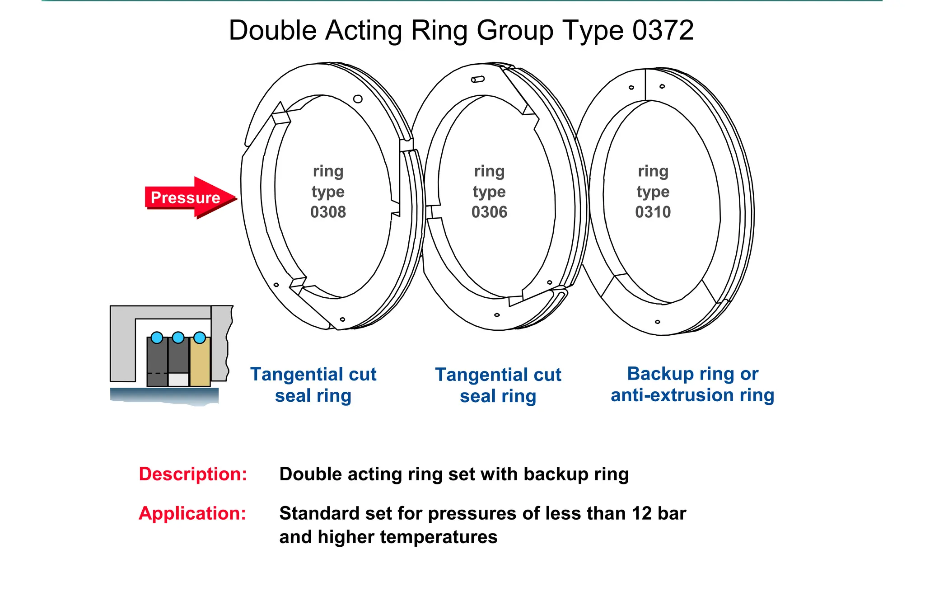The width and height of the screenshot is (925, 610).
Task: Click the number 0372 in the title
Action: click(x=663, y=31)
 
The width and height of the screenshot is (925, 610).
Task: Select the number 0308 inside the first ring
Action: click(x=328, y=212)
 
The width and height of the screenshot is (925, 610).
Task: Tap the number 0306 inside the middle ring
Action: click(x=489, y=212)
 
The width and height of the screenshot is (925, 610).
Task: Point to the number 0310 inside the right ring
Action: click(x=653, y=212)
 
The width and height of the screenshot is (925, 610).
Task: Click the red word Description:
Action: click(x=193, y=474)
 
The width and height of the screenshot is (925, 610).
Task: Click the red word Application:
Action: click(x=192, y=513)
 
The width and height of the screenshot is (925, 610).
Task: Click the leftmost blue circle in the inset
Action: click(x=157, y=338)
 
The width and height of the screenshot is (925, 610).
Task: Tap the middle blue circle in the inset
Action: click(x=178, y=338)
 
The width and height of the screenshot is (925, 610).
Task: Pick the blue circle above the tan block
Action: click(x=200, y=338)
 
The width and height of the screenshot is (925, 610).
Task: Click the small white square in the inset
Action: click(x=178, y=380)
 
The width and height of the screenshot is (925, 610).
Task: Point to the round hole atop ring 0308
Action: click(x=358, y=99)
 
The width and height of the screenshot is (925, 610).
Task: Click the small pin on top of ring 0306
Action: click(x=478, y=80)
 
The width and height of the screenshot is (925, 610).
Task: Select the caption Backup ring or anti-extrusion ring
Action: click(x=692, y=385)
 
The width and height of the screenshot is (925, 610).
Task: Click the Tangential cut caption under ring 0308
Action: click(x=313, y=385)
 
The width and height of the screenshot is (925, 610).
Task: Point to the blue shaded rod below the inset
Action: click(x=164, y=395)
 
